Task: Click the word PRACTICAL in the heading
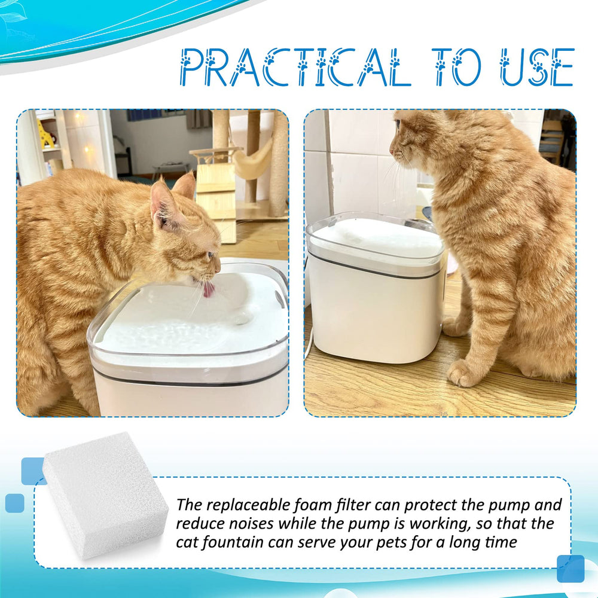(295, 67)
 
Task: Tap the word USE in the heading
(538, 67)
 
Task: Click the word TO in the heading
(457, 67)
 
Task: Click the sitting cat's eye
(398, 124)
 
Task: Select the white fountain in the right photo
(374, 287)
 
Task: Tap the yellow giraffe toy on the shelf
(45, 133)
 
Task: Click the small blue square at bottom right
(570, 569)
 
